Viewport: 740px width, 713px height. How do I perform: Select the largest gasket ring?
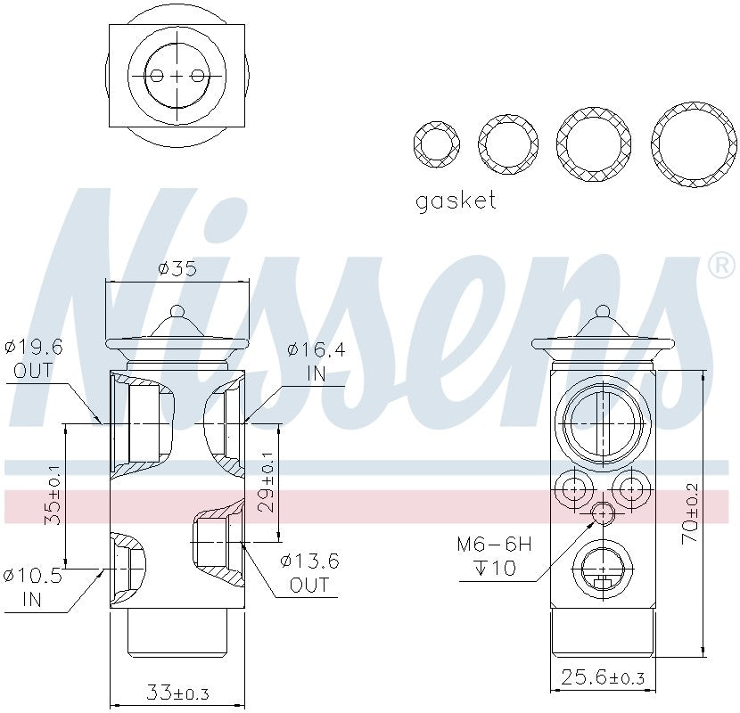(x=694, y=144)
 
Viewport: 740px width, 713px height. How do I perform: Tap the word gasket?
(x=455, y=201)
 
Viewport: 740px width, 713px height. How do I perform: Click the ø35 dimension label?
(x=177, y=267)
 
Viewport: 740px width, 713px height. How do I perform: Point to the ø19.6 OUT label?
(x=33, y=358)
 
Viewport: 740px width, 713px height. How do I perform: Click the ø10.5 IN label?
(x=33, y=587)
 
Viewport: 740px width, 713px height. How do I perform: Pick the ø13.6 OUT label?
(x=309, y=573)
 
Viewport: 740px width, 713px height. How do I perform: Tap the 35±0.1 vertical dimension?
(x=53, y=494)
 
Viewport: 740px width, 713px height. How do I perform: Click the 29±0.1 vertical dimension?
(x=266, y=480)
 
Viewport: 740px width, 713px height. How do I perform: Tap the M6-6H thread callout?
(x=494, y=555)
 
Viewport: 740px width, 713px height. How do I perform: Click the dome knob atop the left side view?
(x=177, y=314)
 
